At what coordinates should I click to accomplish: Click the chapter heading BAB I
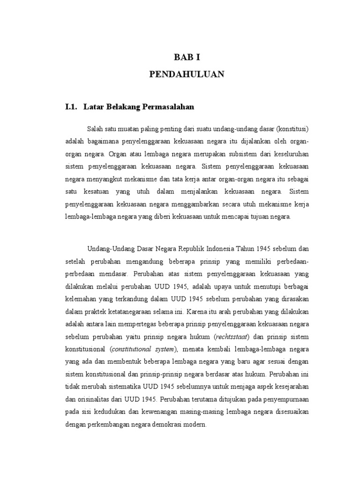point(187,57)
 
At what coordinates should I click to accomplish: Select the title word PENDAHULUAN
point(187,74)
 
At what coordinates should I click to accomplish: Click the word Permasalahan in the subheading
point(167,107)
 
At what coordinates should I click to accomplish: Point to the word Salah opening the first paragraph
point(94,128)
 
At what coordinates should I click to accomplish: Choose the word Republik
point(185,248)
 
